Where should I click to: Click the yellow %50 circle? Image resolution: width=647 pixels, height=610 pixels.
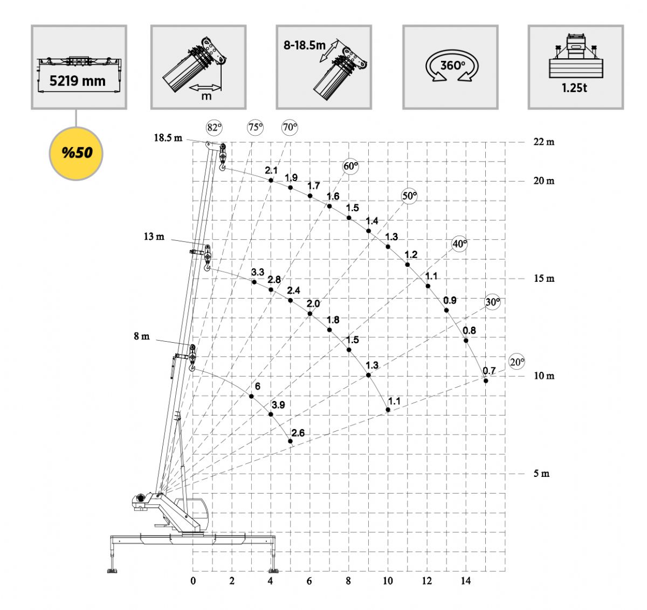pos(76,154)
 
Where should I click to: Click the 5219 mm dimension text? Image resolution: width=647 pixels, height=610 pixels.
pos(78,81)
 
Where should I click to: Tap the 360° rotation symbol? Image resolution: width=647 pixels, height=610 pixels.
pos(452,65)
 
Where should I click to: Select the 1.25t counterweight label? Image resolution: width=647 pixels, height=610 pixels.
pos(574,88)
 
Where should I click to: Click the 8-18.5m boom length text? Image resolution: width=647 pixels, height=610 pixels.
pos(304,45)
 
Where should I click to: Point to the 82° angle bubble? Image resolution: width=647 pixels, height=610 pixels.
pos(214,127)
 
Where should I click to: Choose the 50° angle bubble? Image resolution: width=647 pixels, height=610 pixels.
pos(409,196)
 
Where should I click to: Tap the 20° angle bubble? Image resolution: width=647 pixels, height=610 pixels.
pos(517,362)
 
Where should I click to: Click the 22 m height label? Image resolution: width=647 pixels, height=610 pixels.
pos(543,142)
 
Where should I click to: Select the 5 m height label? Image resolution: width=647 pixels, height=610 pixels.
pos(541,474)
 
